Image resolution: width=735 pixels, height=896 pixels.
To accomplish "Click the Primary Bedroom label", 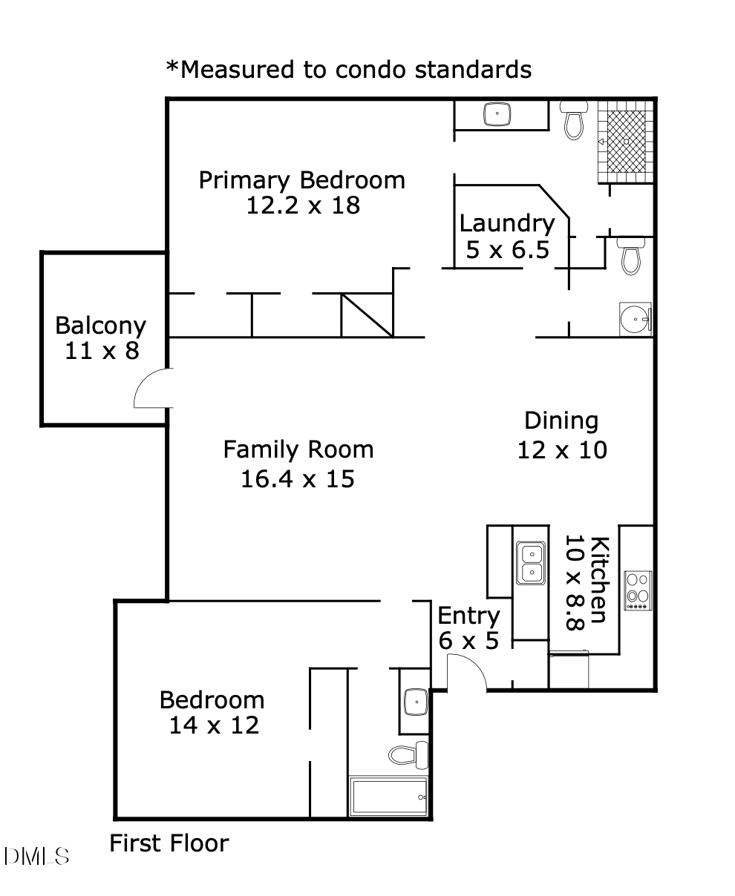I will click(x=302, y=180).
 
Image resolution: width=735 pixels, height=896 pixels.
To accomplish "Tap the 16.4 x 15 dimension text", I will click(x=298, y=479).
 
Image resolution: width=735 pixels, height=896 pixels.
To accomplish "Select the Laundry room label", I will click(x=507, y=223).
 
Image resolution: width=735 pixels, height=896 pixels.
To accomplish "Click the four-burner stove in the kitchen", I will click(x=638, y=590).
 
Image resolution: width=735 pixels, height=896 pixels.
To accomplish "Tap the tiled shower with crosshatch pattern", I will click(x=626, y=141).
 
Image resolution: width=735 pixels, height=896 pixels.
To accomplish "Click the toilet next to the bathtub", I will click(x=409, y=754).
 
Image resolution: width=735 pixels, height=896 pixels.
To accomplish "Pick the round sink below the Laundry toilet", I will click(x=636, y=320).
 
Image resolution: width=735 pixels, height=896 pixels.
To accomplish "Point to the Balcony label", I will click(x=101, y=326).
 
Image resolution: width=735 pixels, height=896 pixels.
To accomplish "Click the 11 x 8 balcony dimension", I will click(x=102, y=351).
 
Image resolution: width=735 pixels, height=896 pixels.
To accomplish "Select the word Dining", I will click(x=561, y=421).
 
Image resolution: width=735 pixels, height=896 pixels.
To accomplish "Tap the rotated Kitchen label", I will click(x=599, y=580).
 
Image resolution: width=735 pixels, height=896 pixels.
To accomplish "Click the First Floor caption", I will click(x=169, y=843).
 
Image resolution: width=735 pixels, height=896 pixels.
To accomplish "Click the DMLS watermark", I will click(x=37, y=857).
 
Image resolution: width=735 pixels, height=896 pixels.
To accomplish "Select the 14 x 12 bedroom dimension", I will click(x=214, y=725).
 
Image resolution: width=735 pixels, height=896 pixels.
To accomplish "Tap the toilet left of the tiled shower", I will click(x=574, y=122).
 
